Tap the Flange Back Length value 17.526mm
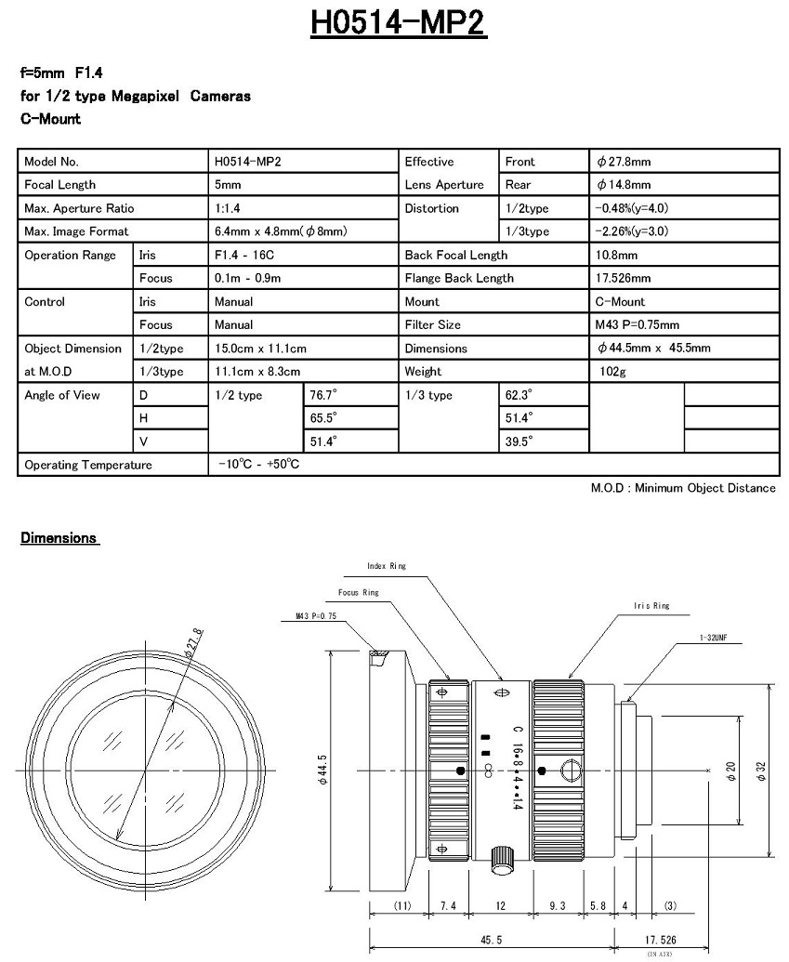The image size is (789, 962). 623,278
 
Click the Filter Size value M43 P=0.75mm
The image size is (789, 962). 637,325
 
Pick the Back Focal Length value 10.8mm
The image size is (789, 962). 615,255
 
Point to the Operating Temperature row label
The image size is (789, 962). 88,465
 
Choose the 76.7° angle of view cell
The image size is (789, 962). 323,395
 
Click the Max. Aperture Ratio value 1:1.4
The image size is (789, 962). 228,208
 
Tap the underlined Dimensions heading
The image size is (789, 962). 59,538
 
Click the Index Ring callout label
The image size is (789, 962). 387,566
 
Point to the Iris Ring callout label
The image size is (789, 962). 651,606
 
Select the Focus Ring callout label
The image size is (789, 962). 358,592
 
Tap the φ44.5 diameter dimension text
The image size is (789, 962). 322,770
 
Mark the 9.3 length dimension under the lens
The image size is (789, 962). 558,905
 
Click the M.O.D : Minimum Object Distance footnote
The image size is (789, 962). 683,489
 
